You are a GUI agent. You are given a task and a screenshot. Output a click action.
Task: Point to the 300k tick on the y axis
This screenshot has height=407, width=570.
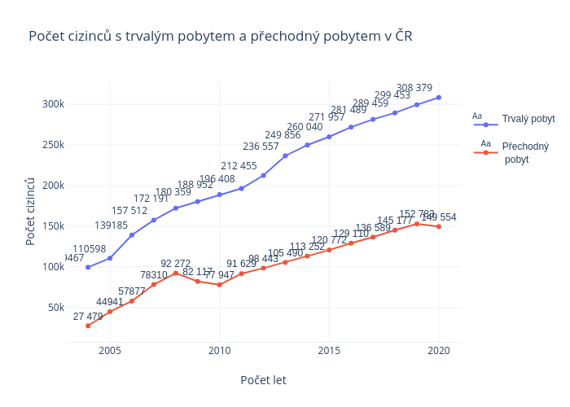pyautogui.click(x=54, y=104)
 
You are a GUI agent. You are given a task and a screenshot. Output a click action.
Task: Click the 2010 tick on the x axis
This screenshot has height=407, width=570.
pyautogui.click(x=220, y=351)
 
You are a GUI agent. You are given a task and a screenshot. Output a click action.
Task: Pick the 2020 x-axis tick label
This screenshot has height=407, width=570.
pyautogui.click(x=439, y=351)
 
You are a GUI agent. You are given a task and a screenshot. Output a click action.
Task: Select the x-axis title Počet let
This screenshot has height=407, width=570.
pyautogui.click(x=263, y=380)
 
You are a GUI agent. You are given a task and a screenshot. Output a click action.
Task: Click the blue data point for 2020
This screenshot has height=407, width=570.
pyautogui.click(x=439, y=98)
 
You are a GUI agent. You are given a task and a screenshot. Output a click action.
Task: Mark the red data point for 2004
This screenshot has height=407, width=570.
pyautogui.click(x=88, y=326)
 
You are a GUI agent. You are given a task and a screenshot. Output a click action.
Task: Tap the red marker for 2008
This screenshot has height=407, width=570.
pyautogui.click(x=176, y=273)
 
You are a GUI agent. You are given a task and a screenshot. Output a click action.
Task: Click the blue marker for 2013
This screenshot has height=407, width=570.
pyautogui.click(x=285, y=155)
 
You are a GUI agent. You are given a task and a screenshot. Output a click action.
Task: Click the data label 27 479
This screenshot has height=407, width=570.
pyautogui.click(x=88, y=316)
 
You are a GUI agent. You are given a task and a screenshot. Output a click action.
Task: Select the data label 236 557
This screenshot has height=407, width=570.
pyautogui.click(x=261, y=147)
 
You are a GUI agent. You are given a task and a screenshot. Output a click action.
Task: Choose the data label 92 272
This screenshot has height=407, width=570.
pyautogui.click(x=176, y=263)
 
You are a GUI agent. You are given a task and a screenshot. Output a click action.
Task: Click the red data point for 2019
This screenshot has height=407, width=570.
pyautogui.click(x=417, y=224)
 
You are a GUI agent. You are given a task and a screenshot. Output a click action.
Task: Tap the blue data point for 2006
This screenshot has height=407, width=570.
pyautogui.click(x=132, y=234)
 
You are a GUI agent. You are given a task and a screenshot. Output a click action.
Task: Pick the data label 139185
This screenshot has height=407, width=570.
pyautogui.click(x=111, y=225)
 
